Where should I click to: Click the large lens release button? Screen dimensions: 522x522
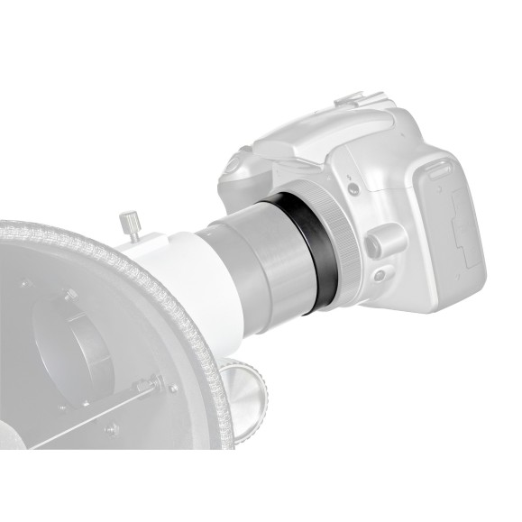(x=382, y=241)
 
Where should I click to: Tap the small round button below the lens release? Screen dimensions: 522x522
(x=380, y=274)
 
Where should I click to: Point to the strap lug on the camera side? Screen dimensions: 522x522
(x=437, y=167)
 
